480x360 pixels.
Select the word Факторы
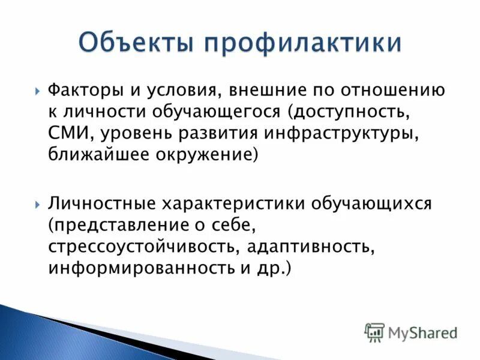[x=86, y=91]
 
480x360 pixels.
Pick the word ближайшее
[x=98, y=154]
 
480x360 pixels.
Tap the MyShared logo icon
[x=374, y=332]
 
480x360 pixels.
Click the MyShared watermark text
[x=422, y=332]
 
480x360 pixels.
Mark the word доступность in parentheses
[x=370, y=112]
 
